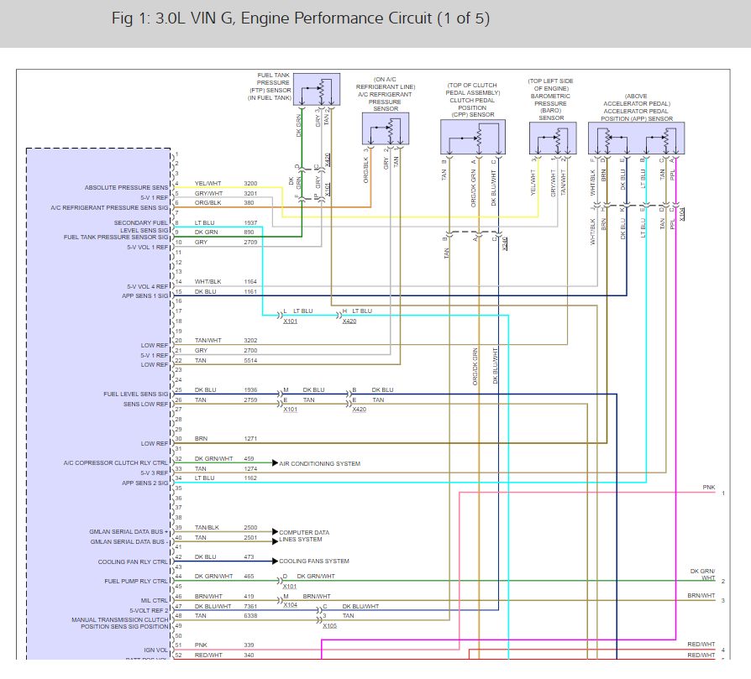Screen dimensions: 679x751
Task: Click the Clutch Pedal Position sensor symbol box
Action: pos(473,137)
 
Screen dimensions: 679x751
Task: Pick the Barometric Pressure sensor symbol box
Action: pos(553,138)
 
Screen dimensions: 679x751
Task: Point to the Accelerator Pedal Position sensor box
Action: pos(636,138)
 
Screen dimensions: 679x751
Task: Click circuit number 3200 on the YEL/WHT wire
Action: pos(250,183)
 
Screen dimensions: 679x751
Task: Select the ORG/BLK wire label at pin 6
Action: pos(208,203)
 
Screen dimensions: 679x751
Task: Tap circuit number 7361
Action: pos(250,605)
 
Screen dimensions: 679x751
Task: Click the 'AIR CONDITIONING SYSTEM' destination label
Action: pos(319,463)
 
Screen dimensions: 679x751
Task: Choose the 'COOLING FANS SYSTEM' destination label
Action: pos(314,561)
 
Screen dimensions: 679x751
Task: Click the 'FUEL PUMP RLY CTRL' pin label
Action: pos(137,581)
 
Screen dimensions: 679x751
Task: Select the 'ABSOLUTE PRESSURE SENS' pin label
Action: pos(126,187)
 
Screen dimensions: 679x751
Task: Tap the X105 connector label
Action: pos(329,625)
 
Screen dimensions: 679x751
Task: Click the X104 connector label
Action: pos(290,605)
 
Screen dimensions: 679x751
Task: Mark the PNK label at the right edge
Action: pos(710,487)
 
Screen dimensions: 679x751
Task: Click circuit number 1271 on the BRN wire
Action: pos(250,438)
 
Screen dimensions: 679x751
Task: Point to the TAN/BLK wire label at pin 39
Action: pos(207,527)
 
